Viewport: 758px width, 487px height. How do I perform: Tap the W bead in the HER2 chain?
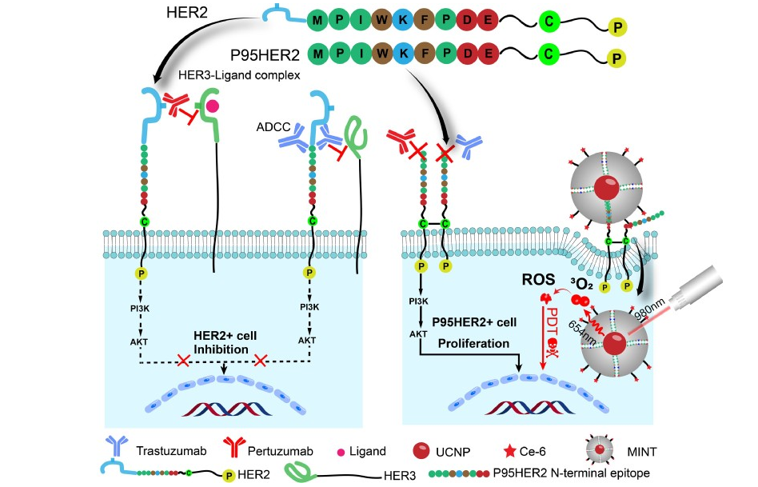click(x=383, y=18)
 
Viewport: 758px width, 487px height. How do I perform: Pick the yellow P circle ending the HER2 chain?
click(x=616, y=29)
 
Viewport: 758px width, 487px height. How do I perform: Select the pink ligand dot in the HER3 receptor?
click(x=213, y=106)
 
